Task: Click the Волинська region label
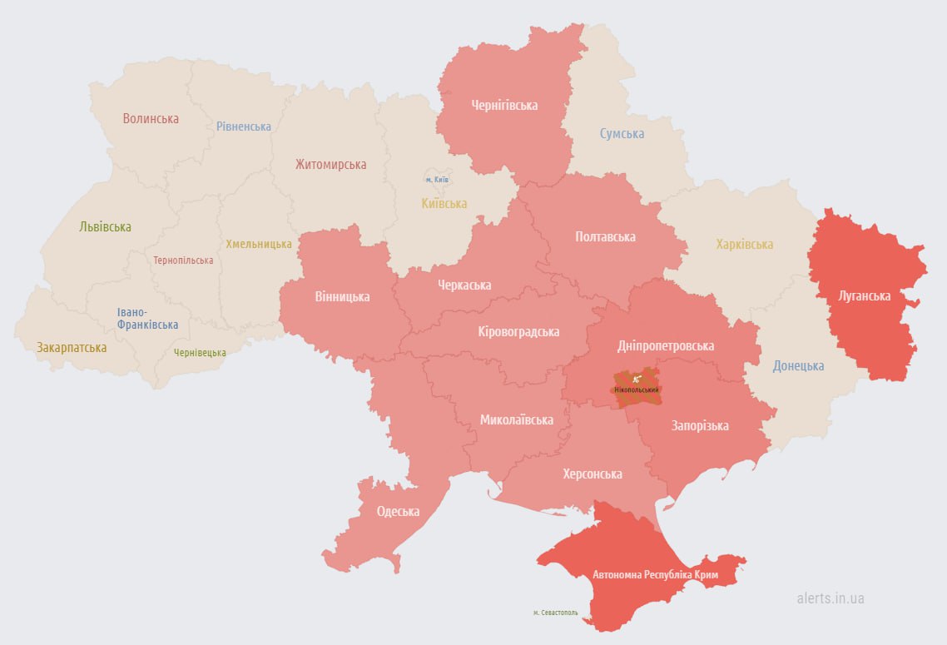pos(151,119)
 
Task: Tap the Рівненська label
pos(244,127)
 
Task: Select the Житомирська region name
pos(330,165)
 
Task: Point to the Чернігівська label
pos(504,106)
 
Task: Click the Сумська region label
pos(622,134)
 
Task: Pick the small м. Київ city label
pos(437,180)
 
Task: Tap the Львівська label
pos(105,227)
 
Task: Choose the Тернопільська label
pos(183,260)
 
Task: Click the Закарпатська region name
pos(72,348)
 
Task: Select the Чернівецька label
pos(200,353)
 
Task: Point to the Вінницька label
pos(343,297)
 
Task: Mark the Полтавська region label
pos(605,237)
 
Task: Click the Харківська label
pos(744,245)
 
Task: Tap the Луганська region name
pos(865,296)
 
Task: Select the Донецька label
pos(798,366)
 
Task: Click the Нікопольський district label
pos(637,390)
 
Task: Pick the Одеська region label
pos(398,512)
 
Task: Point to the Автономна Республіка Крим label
pos(654,575)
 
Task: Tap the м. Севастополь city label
pos(555,613)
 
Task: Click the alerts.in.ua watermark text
pos(830,598)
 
